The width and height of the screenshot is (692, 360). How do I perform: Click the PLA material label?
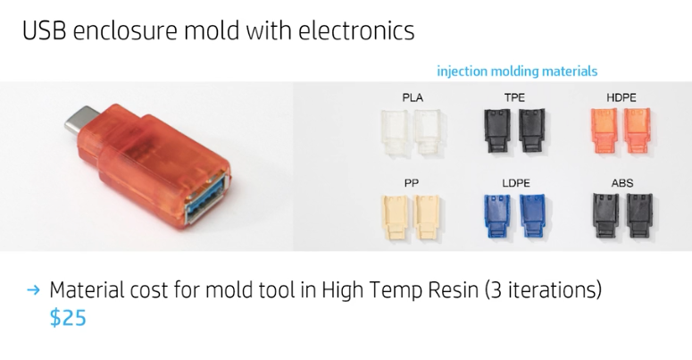[413, 96]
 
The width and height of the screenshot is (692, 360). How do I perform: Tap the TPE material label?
[515, 96]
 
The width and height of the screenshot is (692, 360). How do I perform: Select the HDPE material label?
[621, 96]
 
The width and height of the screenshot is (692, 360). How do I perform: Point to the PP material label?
[412, 183]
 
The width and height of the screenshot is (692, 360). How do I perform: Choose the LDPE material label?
[515, 183]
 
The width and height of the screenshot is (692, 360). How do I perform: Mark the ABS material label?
[622, 183]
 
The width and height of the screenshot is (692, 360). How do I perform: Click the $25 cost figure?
[68, 318]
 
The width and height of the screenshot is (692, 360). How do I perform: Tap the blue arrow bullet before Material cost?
[34, 290]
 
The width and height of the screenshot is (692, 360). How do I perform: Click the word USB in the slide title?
[44, 30]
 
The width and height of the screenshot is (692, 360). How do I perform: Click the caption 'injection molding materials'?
[517, 71]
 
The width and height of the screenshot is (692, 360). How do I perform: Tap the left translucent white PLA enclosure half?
[394, 130]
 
